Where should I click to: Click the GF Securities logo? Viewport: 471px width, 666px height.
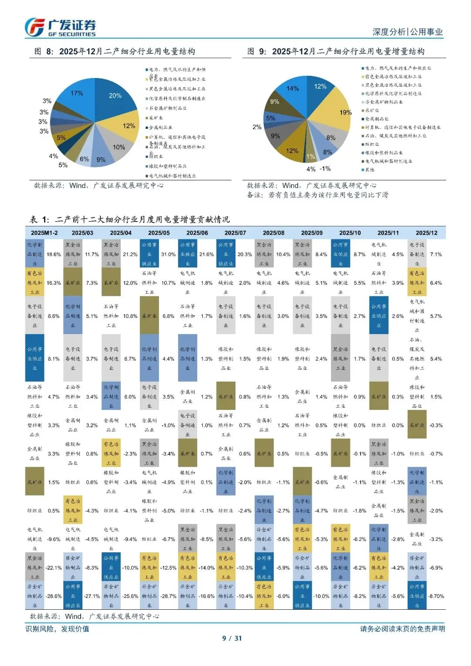[x=60, y=27]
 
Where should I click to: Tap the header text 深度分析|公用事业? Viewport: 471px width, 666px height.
[x=407, y=32]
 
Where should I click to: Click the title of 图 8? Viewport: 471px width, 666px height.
[x=114, y=51]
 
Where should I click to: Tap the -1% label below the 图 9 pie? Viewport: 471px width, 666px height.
[x=325, y=169]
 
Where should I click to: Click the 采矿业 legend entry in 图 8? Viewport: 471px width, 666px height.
[x=156, y=118]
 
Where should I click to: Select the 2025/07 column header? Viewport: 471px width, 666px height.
[x=235, y=233]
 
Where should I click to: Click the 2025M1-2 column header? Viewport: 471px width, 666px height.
[x=44, y=233]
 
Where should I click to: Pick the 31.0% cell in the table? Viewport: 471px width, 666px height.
[x=168, y=254]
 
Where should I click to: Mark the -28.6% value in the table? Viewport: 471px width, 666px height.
[x=54, y=596]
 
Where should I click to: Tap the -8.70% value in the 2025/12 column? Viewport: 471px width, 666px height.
[x=436, y=596]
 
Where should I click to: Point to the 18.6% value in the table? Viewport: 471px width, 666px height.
[x=54, y=254]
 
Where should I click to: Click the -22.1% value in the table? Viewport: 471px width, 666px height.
[x=54, y=568]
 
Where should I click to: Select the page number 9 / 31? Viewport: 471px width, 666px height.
[x=232, y=638]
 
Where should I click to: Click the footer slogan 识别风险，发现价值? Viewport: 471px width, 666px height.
[x=57, y=628]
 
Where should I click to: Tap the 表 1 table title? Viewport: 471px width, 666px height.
[x=130, y=219]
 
